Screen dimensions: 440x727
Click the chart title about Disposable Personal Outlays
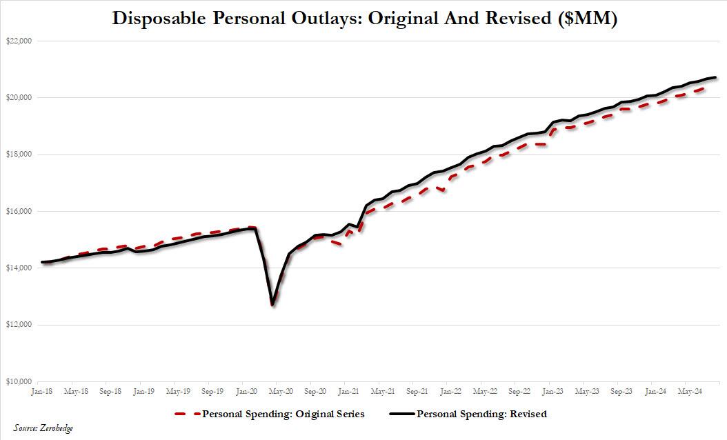364,19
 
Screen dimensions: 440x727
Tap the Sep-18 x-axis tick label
110,391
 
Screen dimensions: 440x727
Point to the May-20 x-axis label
280,391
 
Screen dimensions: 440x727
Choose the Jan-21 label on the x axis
348,391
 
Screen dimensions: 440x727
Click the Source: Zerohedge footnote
43,429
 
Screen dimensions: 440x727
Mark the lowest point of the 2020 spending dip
273,304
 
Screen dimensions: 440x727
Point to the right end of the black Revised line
716,77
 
